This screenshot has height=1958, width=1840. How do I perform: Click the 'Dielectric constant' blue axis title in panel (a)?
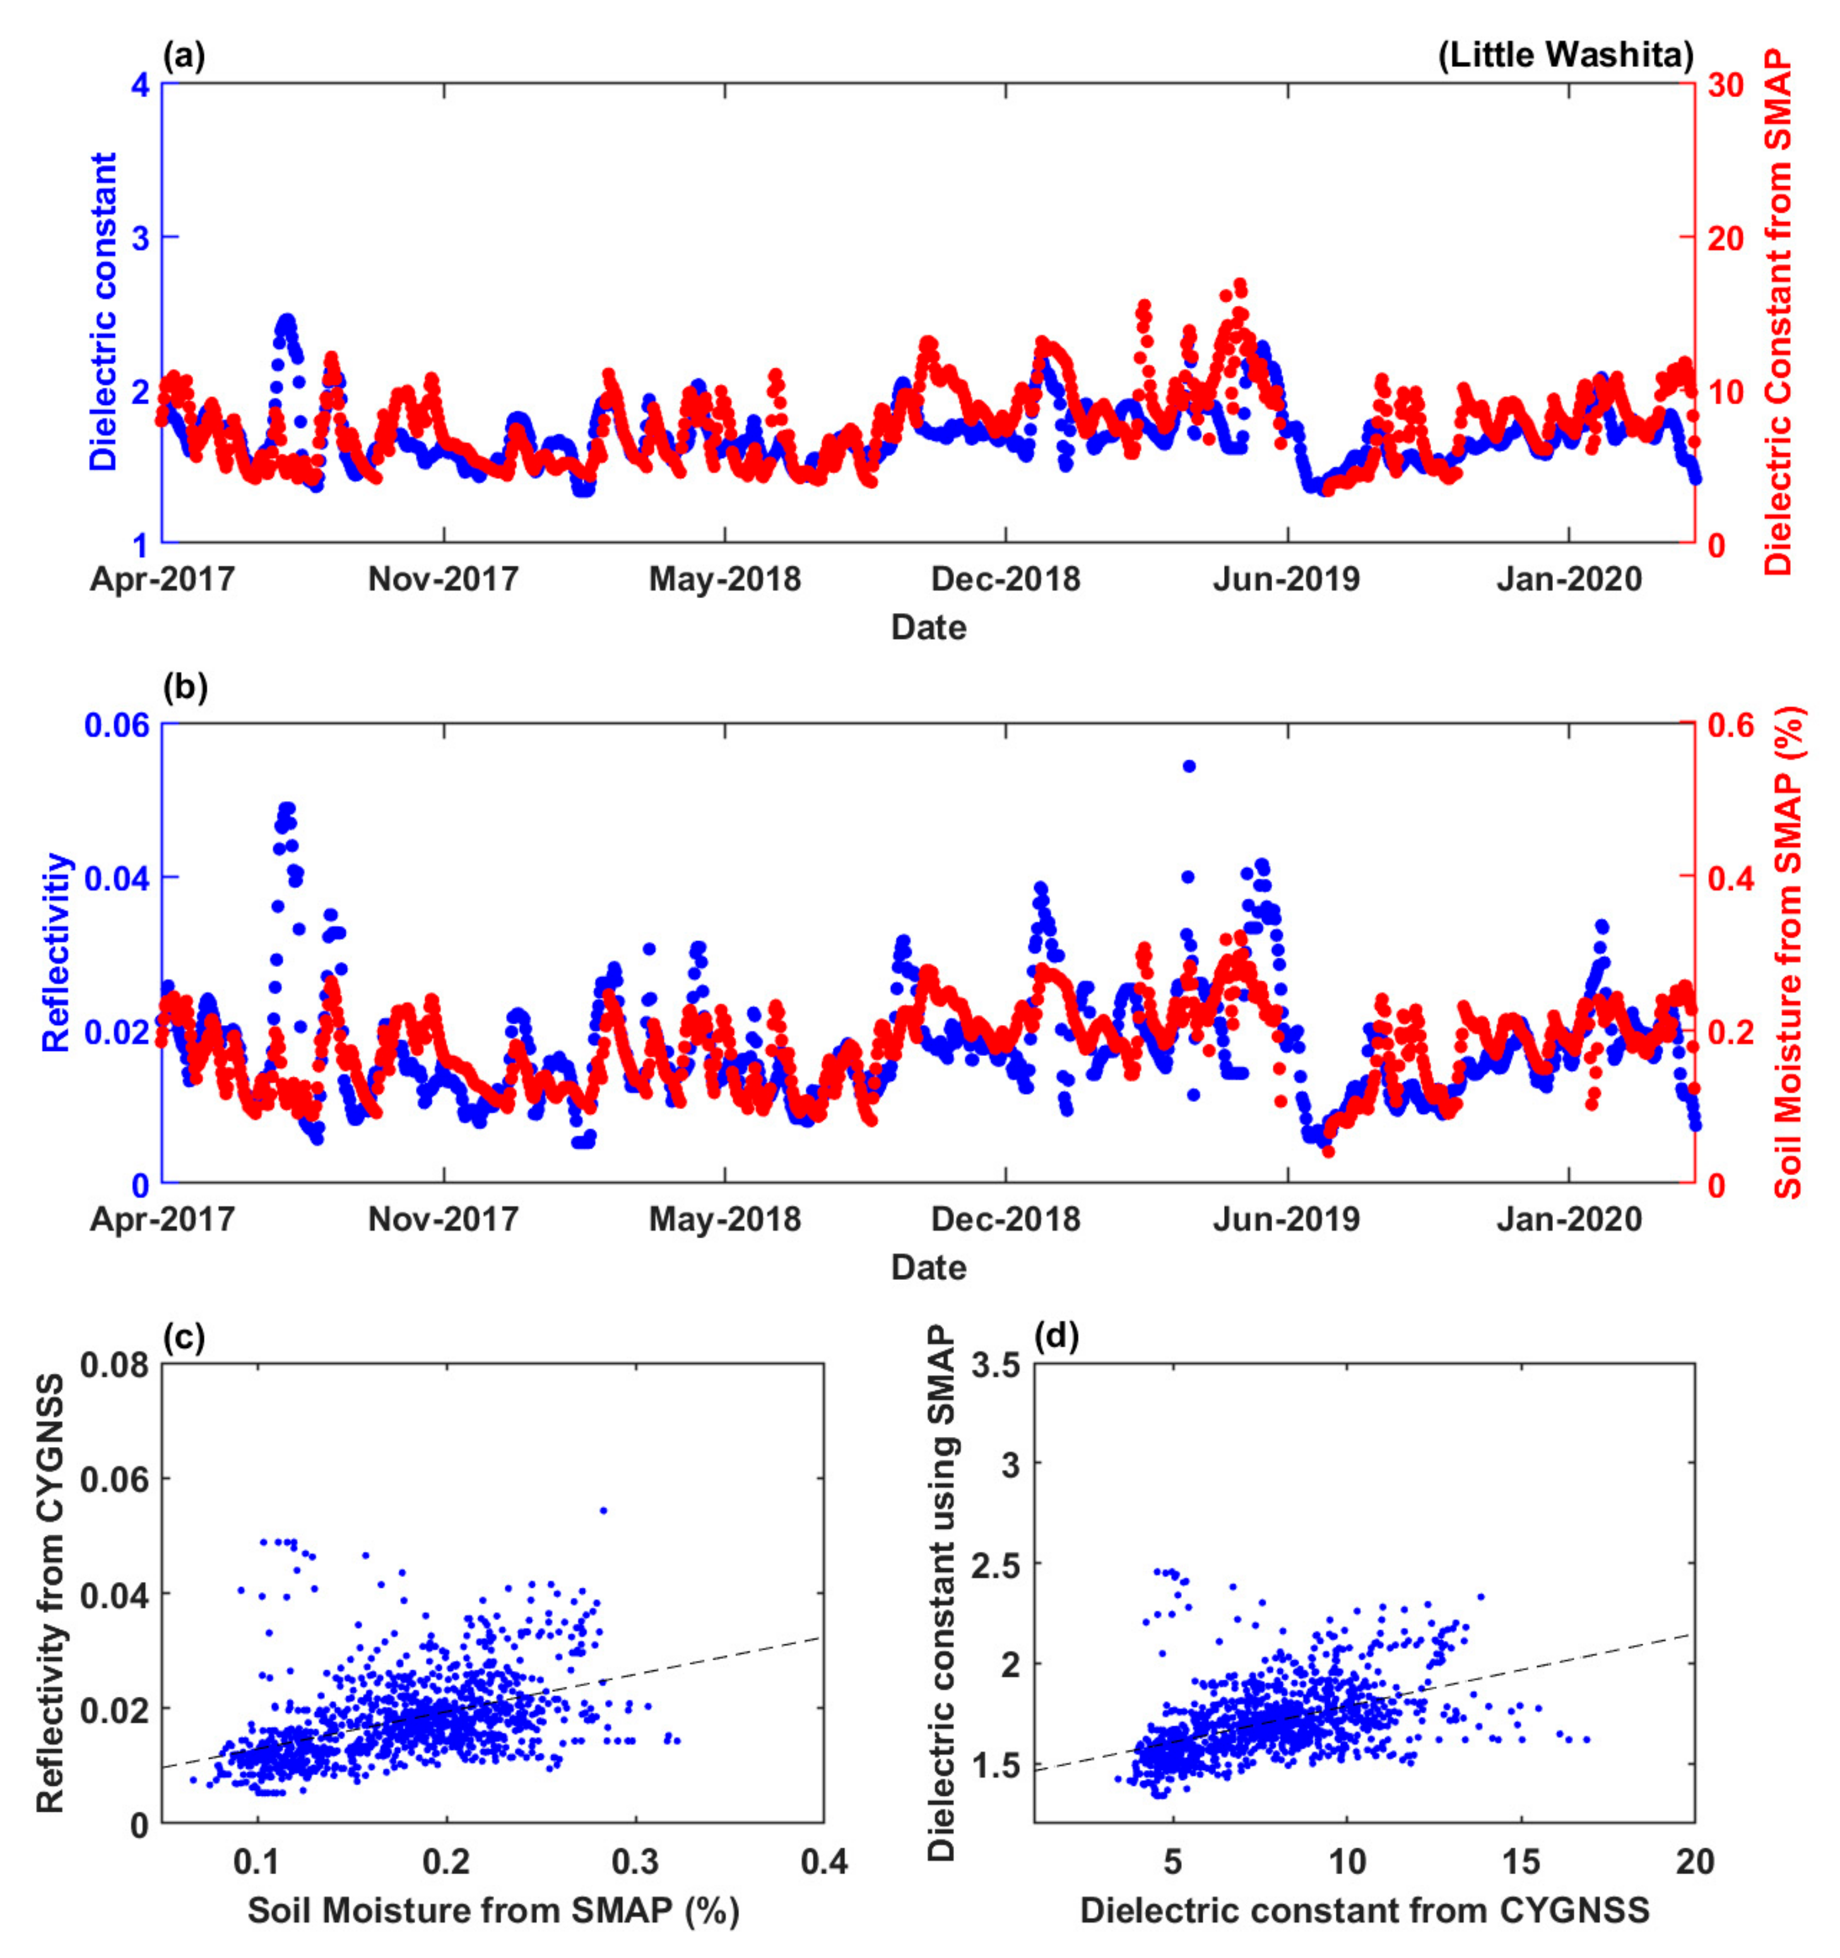tap(103, 311)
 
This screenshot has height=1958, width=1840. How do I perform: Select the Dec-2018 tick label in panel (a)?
tap(1006, 579)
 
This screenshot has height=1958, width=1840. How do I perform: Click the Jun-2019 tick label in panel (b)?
tap(1287, 1219)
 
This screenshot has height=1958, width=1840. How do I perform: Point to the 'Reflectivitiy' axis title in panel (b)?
tap(57, 953)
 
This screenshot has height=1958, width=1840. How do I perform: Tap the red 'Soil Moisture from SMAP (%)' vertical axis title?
tap(1787, 953)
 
